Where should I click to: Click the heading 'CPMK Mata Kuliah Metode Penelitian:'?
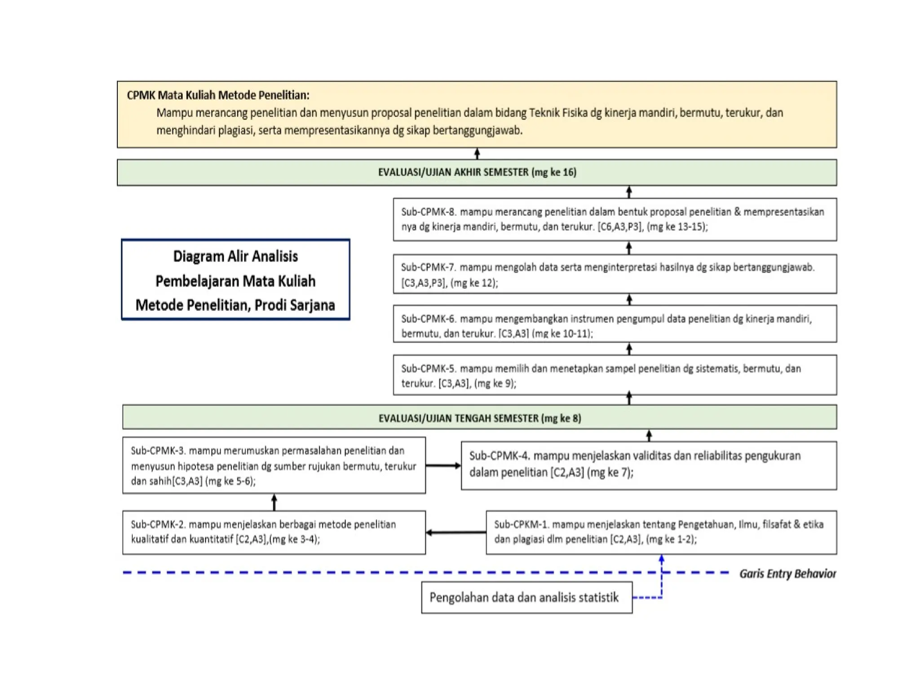(x=218, y=95)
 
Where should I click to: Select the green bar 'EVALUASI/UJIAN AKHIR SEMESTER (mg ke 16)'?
(x=477, y=172)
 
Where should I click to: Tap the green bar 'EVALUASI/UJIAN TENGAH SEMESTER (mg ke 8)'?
(x=479, y=417)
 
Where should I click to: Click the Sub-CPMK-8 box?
(x=615, y=219)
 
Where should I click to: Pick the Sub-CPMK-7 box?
(x=615, y=274)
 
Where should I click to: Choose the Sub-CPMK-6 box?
(x=615, y=324)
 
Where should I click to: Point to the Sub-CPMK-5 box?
(x=615, y=375)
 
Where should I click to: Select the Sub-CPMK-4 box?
(x=649, y=465)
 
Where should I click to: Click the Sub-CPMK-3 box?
(x=274, y=465)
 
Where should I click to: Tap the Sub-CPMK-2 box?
(x=274, y=532)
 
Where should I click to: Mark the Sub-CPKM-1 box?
(x=661, y=532)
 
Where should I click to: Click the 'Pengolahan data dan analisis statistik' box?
(x=527, y=597)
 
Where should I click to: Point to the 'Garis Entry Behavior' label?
(x=787, y=574)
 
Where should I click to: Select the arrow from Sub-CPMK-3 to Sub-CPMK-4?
(x=443, y=465)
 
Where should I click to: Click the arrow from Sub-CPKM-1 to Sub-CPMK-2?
(x=456, y=532)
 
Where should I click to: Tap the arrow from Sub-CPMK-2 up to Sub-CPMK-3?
(x=274, y=502)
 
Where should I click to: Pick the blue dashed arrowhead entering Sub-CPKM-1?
(x=661, y=558)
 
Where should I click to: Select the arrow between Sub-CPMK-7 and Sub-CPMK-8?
(x=629, y=248)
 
